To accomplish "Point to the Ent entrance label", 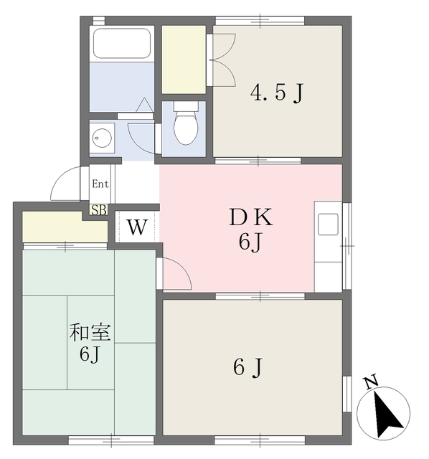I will pyautogui.click(x=100, y=184).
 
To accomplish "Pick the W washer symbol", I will pyautogui.click(x=137, y=228).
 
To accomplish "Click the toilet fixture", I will pyautogui.click(x=186, y=123).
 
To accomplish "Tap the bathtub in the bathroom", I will pyautogui.click(x=122, y=45).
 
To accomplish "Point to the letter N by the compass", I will pyautogui.click(x=370, y=383).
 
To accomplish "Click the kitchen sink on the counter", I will pyautogui.click(x=329, y=224).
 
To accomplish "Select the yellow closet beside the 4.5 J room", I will pyautogui.click(x=183, y=59).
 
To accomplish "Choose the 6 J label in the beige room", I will pyautogui.click(x=249, y=368).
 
